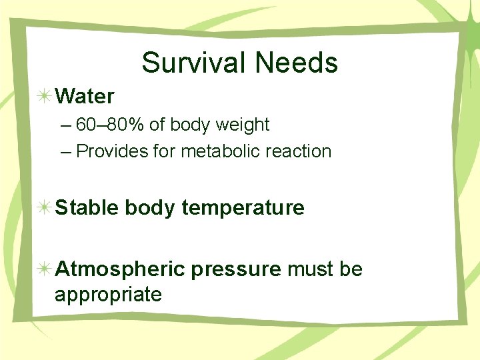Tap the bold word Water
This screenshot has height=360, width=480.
[x=85, y=97]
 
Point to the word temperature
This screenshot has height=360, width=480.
[x=243, y=209]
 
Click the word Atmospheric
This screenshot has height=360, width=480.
[x=120, y=269]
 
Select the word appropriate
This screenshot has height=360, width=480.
[x=108, y=294]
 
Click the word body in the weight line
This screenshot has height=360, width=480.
[x=189, y=125]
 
